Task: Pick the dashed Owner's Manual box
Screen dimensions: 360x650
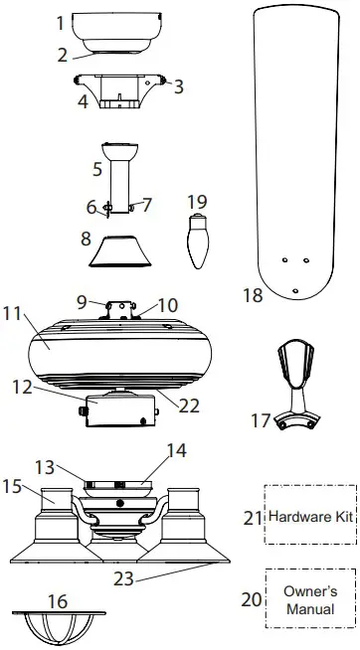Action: [310, 599]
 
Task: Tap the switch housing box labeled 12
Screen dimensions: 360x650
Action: [119, 411]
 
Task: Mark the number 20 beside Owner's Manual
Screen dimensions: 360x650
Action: [252, 599]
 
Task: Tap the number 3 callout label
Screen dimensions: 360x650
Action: [179, 86]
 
